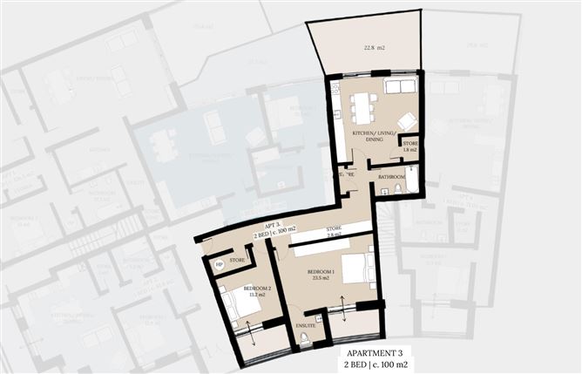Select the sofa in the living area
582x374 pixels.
point(399,86)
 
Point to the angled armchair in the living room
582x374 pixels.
point(405,121)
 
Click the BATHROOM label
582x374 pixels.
point(392,175)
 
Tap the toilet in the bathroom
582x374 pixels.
point(397,188)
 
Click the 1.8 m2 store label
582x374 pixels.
point(410,146)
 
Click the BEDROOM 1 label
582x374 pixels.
point(321,272)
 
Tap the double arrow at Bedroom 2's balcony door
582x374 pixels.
point(252,333)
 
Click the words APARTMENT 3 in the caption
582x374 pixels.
point(375,351)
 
